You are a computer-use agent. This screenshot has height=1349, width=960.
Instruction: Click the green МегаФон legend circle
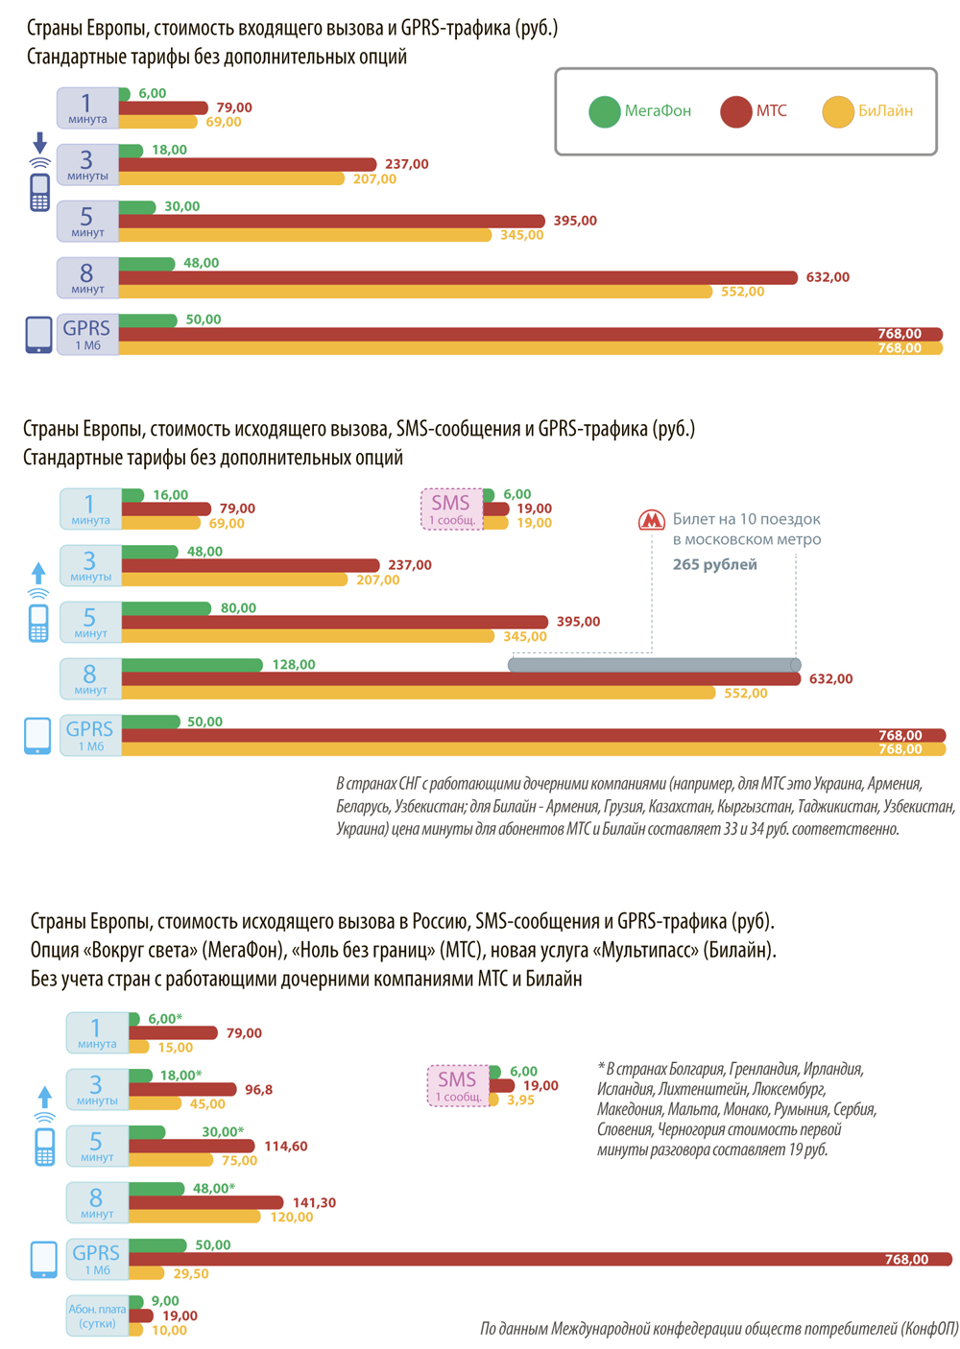[604, 111]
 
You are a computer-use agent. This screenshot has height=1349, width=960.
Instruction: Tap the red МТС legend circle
[735, 111]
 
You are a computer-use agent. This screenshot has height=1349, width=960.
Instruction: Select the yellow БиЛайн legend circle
[837, 111]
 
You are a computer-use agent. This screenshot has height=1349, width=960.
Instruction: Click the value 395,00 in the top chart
[575, 221]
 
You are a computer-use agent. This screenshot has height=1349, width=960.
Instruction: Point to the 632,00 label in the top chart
[828, 277]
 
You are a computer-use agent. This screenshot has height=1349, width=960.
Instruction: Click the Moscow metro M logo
[652, 520]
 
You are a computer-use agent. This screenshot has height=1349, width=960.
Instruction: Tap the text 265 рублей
[714, 564]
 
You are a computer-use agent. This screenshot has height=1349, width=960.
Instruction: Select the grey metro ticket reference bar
[654, 665]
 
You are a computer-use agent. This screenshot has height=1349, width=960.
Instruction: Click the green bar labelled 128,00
[192, 665]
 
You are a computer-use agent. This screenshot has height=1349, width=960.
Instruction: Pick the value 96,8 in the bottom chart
[258, 1090]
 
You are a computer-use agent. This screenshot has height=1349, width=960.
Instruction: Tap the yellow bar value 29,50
[188, 1273]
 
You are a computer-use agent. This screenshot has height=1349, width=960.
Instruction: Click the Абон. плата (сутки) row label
[97, 1315]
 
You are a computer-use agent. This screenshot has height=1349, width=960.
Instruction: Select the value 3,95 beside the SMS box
[520, 1100]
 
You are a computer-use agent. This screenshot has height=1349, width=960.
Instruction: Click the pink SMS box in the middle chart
[451, 509]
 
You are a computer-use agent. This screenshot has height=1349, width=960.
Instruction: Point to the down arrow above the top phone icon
[39, 144]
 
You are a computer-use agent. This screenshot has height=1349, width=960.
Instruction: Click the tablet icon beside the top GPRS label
[38, 335]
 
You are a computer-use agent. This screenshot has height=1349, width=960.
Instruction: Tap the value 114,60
[285, 1146]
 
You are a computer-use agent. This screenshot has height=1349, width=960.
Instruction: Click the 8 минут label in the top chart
[87, 277]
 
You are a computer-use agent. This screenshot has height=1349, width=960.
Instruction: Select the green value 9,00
[165, 1301]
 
